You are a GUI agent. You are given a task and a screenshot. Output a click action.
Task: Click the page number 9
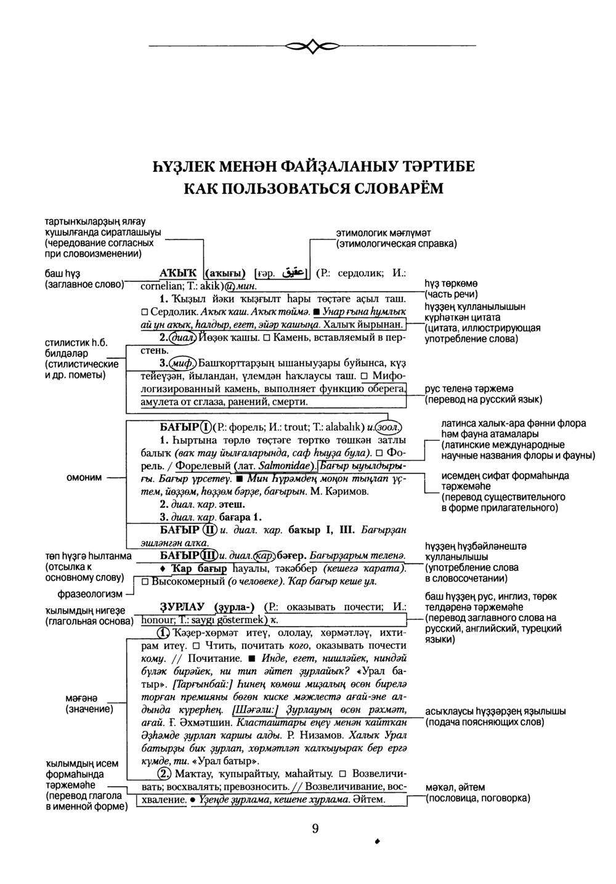pyautogui.click(x=315, y=829)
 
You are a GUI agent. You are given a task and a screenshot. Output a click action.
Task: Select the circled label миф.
pyautogui.click(x=182, y=363)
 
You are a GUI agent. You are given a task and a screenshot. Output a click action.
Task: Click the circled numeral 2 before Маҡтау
pyautogui.click(x=164, y=773)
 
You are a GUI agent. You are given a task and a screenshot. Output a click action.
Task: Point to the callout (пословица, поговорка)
pyautogui.click(x=477, y=798)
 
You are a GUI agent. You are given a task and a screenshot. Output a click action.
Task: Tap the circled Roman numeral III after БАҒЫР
pyautogui.click(x=208, y=554)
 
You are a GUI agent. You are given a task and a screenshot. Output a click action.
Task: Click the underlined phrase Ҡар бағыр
pyautogui.click(x=198, y=568)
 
